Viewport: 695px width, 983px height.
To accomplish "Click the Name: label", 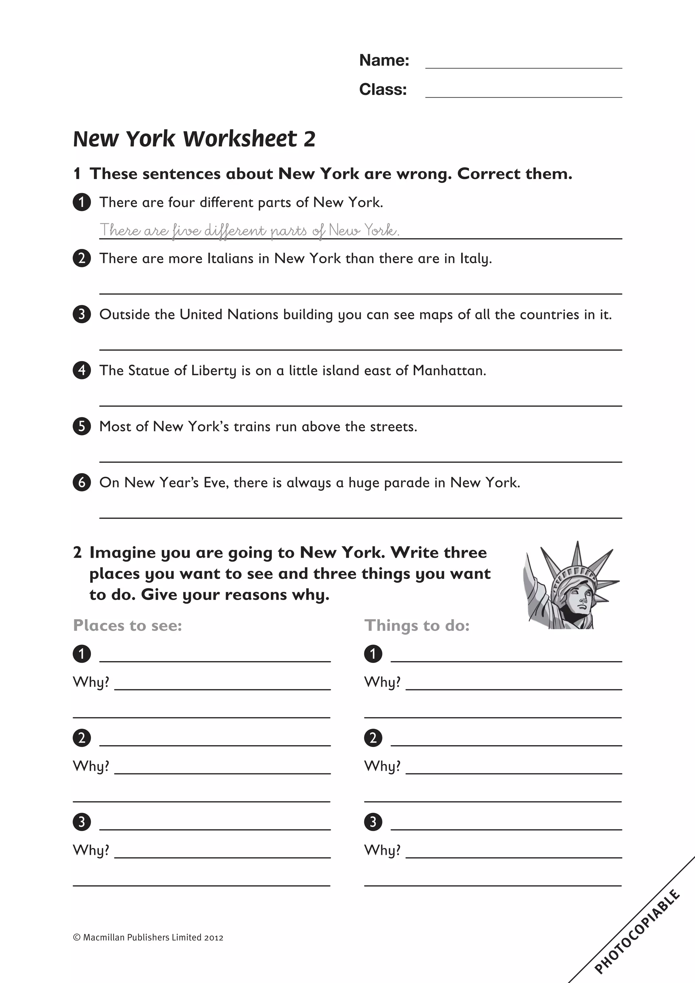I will [384, 60].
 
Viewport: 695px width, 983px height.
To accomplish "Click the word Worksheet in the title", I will [240, 139].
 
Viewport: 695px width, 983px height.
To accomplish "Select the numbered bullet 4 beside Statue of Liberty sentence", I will [82, 370].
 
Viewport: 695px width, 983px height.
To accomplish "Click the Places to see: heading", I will [128, 625].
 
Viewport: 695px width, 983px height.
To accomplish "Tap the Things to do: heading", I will [417, 625].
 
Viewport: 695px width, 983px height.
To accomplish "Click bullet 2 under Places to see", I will [82, 738].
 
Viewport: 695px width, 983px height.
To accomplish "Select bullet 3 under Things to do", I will [373, 822].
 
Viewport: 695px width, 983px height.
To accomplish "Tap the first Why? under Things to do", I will [382, 681].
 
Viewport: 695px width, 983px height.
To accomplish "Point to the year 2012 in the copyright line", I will [213, 937].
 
